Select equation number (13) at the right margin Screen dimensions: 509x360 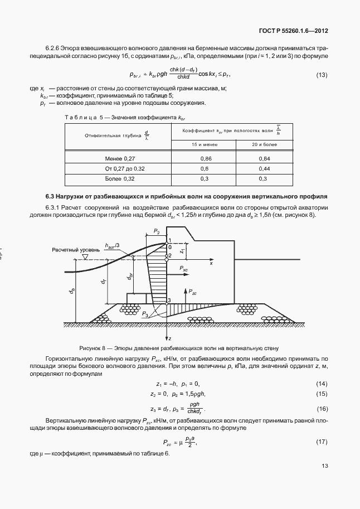tap(322, 75)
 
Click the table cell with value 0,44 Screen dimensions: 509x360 tap(264, 168)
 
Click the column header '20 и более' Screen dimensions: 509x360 tap(264, 144)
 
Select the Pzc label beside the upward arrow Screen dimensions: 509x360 tap(192, 292)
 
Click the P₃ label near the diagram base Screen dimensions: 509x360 tap(145, 314)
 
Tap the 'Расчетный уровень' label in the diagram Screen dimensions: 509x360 tap(72, 250)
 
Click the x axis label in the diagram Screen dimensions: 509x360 tap(211, 263)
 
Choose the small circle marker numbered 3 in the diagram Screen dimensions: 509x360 tap(168, 302)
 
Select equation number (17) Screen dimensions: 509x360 tap(322, 442)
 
